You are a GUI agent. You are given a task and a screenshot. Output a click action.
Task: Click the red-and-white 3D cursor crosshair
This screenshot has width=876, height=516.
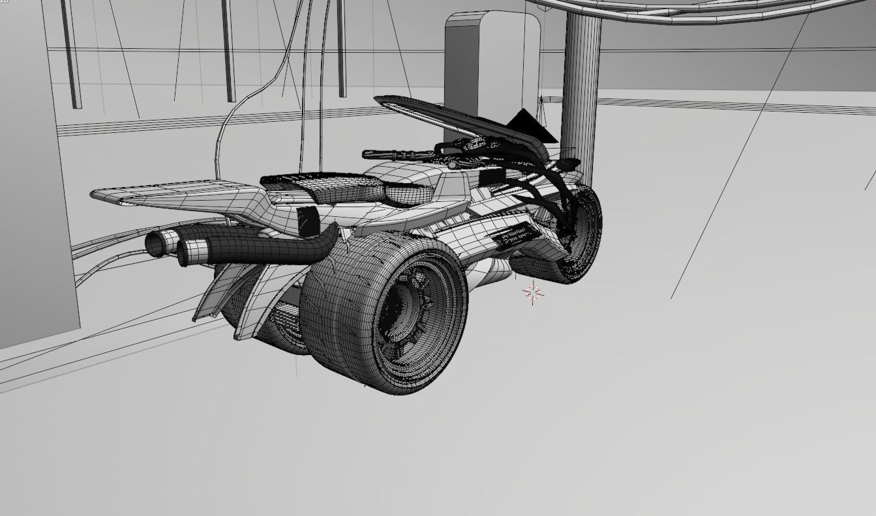[533, 293]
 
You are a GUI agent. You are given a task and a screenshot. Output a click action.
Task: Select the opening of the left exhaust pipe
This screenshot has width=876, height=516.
[155, 244]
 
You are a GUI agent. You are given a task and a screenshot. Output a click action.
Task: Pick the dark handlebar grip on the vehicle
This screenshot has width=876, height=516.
[391, 155]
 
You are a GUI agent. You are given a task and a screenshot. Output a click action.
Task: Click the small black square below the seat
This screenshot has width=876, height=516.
[307, 221]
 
